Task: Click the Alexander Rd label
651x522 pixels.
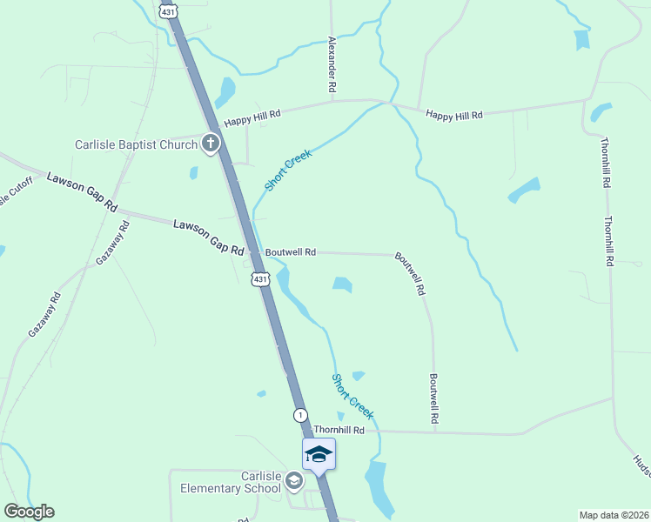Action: point(332,64)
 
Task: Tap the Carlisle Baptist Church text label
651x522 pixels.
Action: point(137,144)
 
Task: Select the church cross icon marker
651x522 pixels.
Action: point(210,143)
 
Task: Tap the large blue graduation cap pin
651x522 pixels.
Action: point(319,454)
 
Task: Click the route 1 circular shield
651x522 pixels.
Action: point(300,415)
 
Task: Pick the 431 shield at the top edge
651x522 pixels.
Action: point(170,11)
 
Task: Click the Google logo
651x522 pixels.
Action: point(29,512)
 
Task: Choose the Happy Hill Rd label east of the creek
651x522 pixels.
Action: point(453,114)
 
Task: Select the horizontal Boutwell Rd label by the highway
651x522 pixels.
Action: point(290,252)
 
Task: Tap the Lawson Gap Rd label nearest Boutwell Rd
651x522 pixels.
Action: point(208,238)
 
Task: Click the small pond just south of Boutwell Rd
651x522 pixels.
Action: point(342,284)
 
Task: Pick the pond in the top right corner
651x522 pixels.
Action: point(581,39)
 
